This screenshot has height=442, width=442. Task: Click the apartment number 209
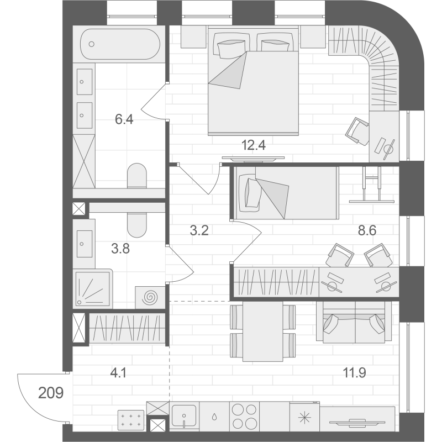[x=51, y=393]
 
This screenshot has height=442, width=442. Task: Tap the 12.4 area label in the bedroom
[x=254, y=145]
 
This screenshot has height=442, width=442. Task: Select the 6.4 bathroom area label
[x=124, y=119]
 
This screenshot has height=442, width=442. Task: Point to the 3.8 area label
[x=120, y=249]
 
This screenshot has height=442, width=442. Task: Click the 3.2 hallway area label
[x=199, y=230]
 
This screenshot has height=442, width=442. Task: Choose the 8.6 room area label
[x=367, y=230]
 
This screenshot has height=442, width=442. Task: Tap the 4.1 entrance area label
[x=118, y=373]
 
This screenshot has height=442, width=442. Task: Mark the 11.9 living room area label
[x=354, y=373]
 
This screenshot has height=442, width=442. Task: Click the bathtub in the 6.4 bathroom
[x=120, y=44]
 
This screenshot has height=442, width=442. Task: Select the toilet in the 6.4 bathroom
[x=137, y=176]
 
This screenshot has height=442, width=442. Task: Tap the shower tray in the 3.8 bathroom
[x=93, y=288]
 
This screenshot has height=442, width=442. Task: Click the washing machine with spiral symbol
[x=150, y=297]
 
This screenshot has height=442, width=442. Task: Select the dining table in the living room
[x=263, y=331]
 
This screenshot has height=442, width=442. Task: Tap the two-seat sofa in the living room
[x=354, y=322]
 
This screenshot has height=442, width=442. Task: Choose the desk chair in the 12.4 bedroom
[x=357, y=131]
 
